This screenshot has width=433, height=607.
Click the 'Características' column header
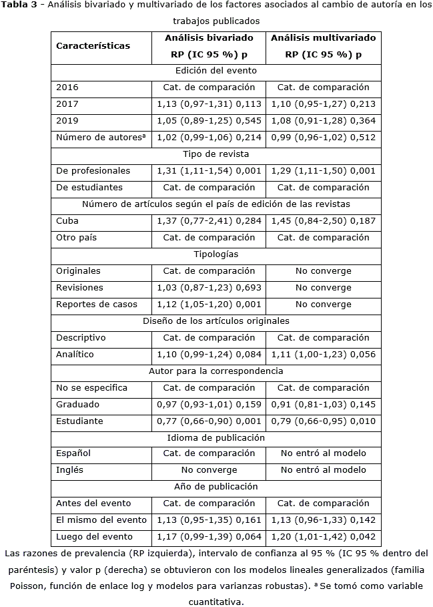(93, 46)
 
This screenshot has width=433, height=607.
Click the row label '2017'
(67, 104)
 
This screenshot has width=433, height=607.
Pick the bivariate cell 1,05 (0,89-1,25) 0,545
(209, 121)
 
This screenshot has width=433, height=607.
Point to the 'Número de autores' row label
(101, 138)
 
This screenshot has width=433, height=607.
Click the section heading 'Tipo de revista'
(216, 154)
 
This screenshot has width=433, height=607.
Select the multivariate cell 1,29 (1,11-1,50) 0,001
(323, 171)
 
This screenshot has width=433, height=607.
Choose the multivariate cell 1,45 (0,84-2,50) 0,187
(323, 221)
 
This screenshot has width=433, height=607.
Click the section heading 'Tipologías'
(216, 254)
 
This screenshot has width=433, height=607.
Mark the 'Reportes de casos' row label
(97, 305)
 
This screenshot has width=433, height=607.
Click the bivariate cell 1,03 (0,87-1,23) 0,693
(209, 288)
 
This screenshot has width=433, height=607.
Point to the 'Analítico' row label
(75, 355)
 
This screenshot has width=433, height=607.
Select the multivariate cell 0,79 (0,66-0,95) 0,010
(323, 421)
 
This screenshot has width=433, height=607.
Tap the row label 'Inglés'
(70, 470)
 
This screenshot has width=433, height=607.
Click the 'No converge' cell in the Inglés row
(209, 470)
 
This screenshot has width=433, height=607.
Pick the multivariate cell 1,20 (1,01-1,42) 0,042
(323, 537)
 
